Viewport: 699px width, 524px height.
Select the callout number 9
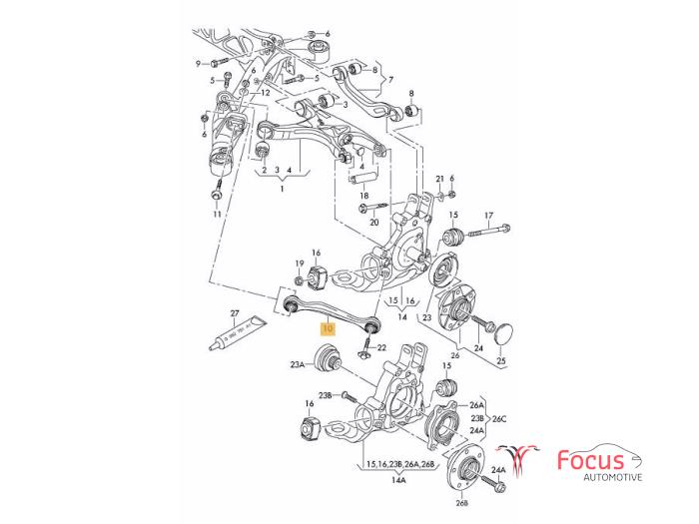(198, 63)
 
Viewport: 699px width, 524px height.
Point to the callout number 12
(265, 92)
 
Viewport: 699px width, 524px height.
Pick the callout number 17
(489, 216)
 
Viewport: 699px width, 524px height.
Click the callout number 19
(299, 263)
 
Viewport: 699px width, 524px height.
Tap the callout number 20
(374, 222)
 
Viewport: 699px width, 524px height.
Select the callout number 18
(364, 197)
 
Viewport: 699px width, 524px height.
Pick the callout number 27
(236, 312)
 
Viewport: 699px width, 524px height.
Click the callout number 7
(391, 79)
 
